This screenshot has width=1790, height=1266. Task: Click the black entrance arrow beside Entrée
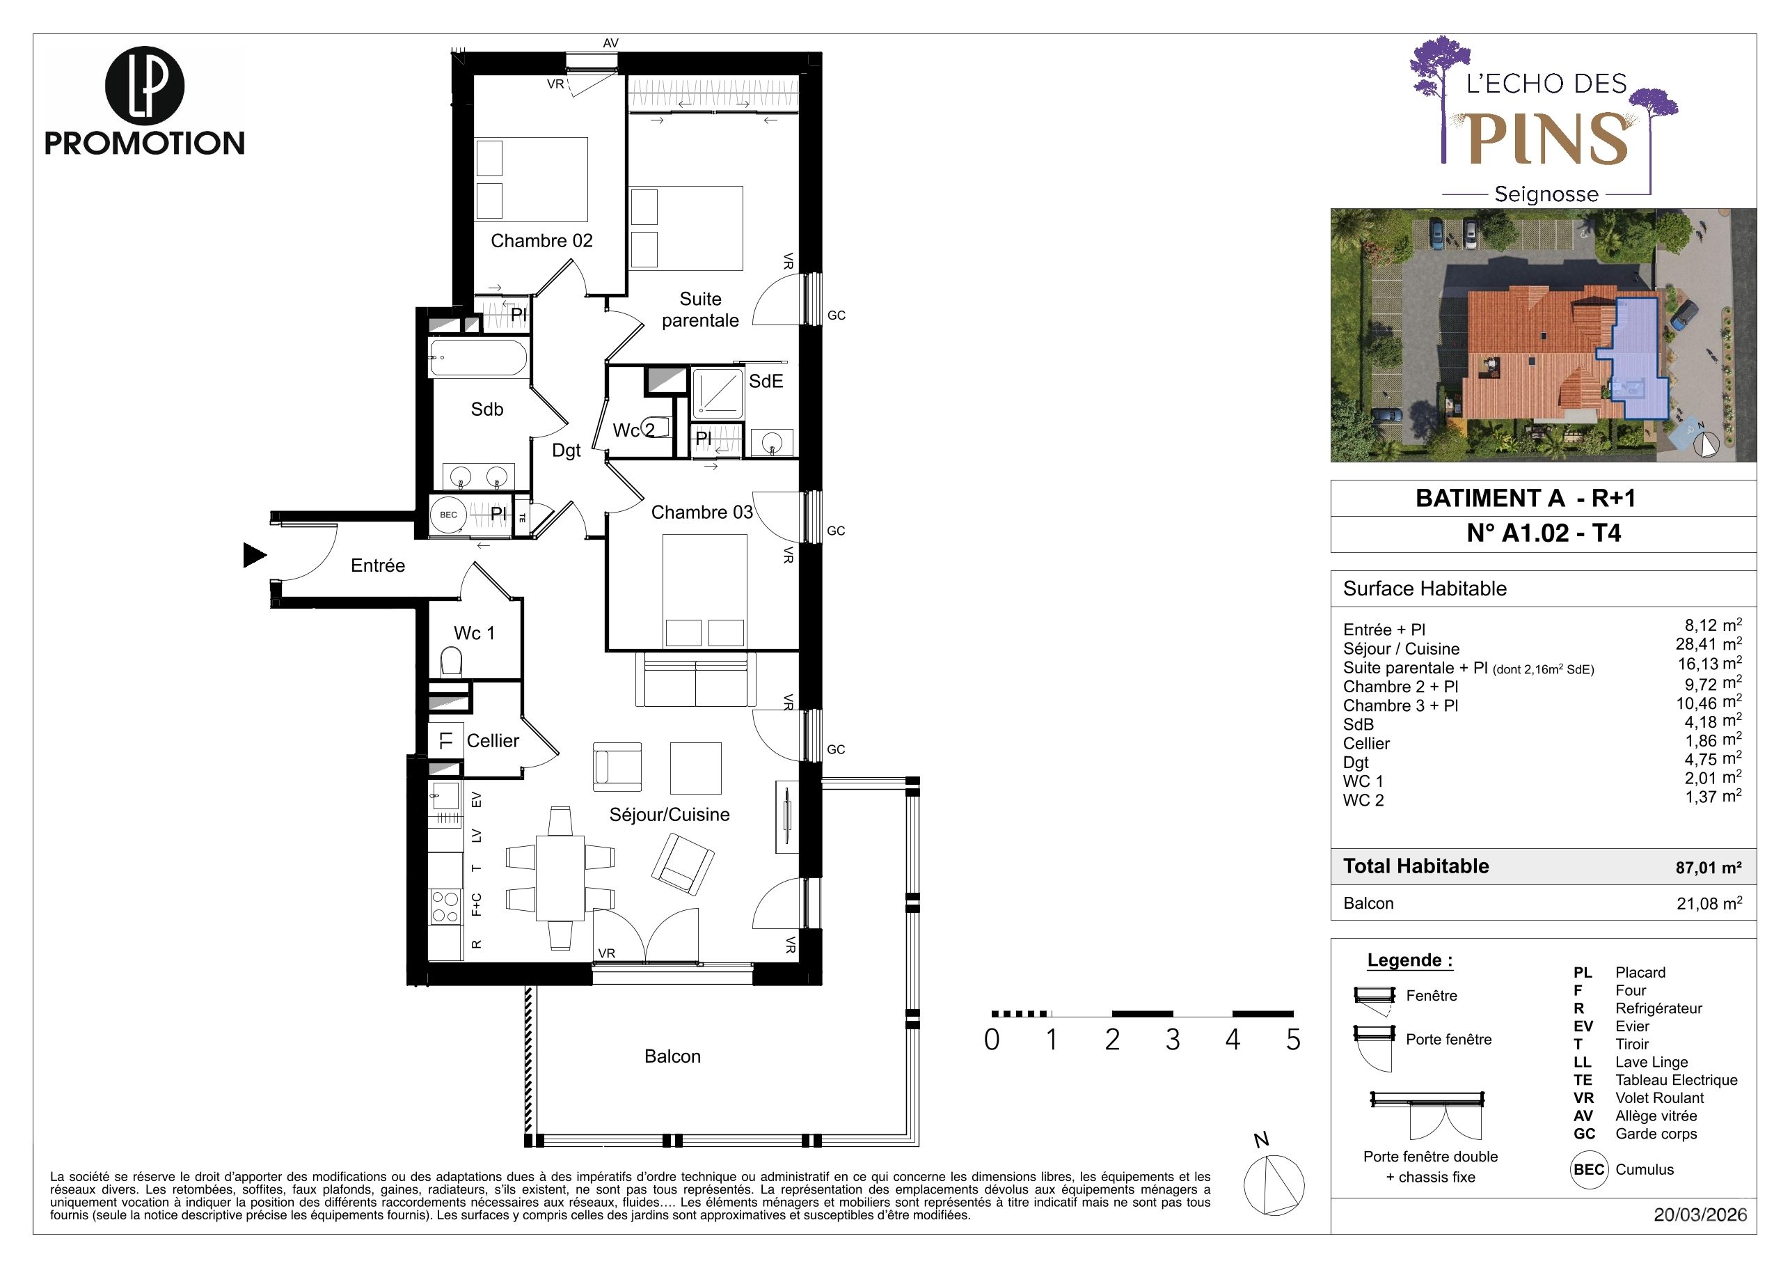(x=254, y=556)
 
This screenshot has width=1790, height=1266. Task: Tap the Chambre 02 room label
(x=542, y=241)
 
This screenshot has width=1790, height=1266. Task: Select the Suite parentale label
(x=700, y=310)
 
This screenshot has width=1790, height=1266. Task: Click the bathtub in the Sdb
(x=478, y=358)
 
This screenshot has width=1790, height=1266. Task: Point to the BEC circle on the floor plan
(x=448, y=515)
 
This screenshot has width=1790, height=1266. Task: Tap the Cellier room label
(x=493, y=741)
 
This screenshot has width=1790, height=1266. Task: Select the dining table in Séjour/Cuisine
(x=560, y=877)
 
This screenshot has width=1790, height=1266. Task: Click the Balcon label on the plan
(x=673, y=1056)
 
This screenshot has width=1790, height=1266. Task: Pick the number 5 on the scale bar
(x=1293, y=1040)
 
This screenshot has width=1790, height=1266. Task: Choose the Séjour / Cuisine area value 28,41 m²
(x=1709, y=644)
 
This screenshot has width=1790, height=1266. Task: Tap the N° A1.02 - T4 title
(x=1544, y=533)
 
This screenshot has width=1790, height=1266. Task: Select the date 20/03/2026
(x=1700, y=1215)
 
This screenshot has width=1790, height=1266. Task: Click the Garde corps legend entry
(x=1635, y=1134)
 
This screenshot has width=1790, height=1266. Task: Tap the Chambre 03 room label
(x=702, y=513)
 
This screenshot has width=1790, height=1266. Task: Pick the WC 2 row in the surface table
(x=1542, y=799)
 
